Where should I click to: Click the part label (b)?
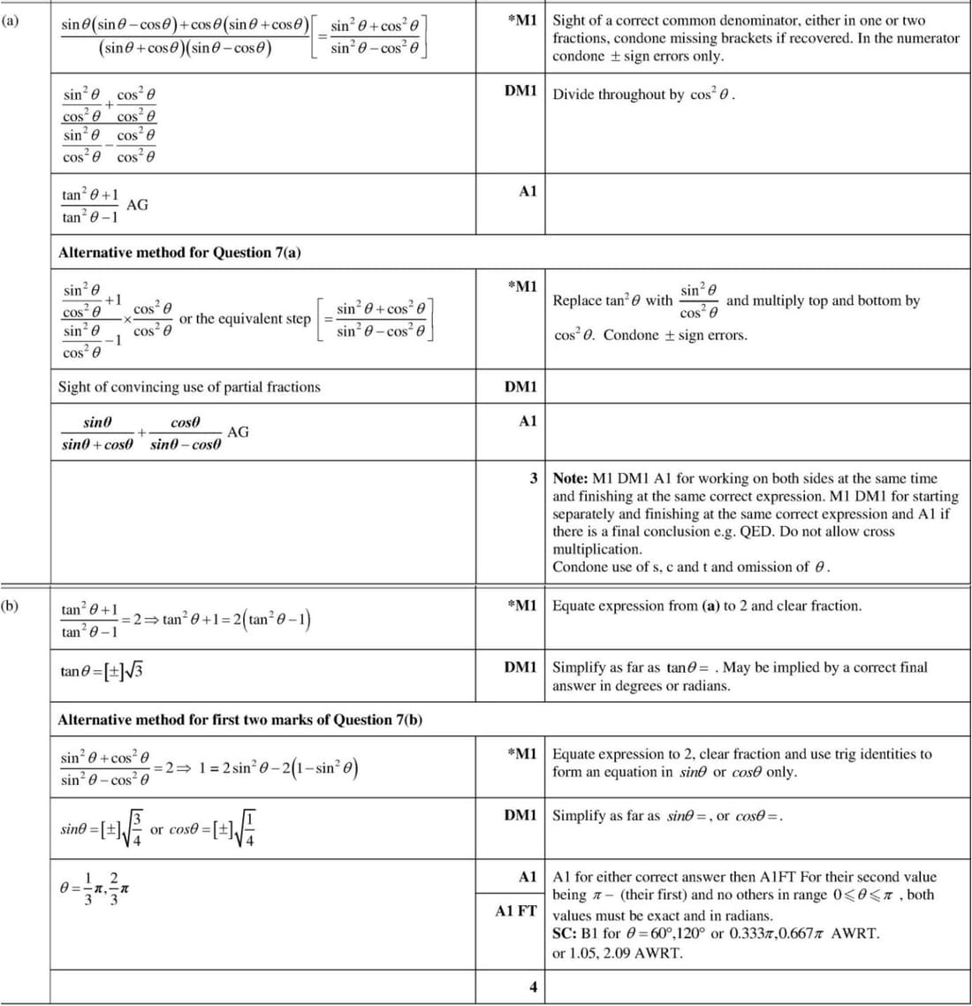point(10,606)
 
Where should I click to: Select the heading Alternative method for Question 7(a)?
point(179,252)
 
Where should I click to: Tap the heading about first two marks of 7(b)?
point(239,720)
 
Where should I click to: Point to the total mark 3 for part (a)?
point(534,478)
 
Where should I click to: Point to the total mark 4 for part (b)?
point(533,987)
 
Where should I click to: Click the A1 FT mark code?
point(516,910)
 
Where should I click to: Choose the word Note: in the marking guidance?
point(571,478)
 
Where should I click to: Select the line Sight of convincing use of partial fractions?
point(189,386)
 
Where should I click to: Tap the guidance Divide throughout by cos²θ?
point(644,95)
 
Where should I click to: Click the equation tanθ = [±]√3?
point(102,671)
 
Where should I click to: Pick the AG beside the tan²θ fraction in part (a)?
point(138,205)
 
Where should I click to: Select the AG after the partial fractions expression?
point(238,432)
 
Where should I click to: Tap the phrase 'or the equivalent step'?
point(245,318)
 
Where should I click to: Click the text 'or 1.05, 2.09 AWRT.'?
point(618,953)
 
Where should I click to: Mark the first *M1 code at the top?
point(522,20)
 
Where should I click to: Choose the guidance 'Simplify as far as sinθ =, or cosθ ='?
point(668,816)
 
